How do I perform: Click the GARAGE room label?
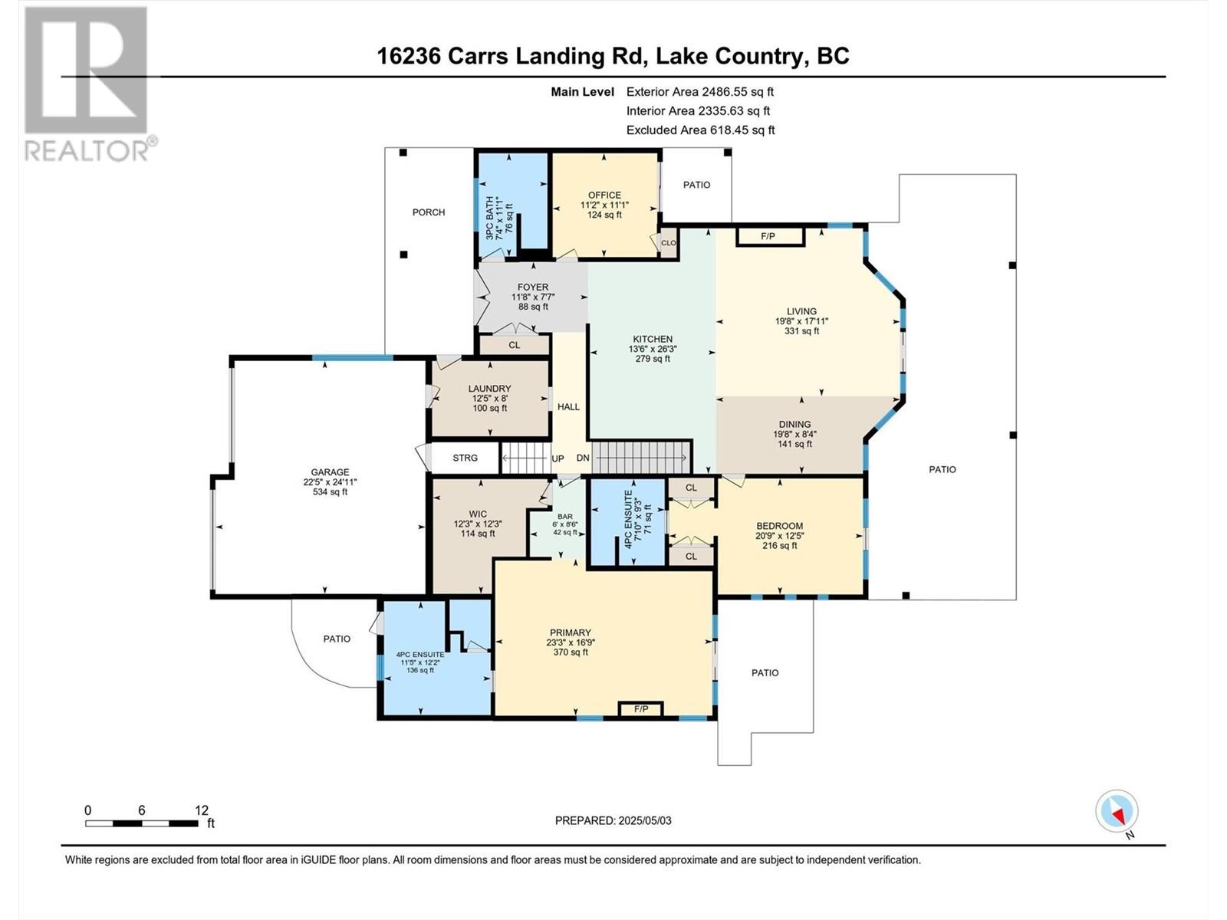coord(330,472)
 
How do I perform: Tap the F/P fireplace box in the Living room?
coord(769,236)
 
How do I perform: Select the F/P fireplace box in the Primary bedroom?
coord(641,709)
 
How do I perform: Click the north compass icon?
coord(1117,811)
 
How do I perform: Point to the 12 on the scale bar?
coord(202,810)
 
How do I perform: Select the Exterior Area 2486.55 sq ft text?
coord(699,92)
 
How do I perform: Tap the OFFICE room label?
coord(604,195)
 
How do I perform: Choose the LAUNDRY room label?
coord(489,389)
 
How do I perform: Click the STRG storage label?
coord(465,458)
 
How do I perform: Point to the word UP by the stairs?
coord(558,458)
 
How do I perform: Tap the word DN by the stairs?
coord(583,458)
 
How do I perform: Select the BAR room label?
coord(564,516)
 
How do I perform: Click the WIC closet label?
coord(478,514)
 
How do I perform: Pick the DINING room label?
coord(794,424)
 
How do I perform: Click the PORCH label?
coord(429,212)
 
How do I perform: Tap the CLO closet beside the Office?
coord(668,243)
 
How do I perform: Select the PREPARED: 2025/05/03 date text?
coord(613,820)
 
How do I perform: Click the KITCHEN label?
coord(652,339)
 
